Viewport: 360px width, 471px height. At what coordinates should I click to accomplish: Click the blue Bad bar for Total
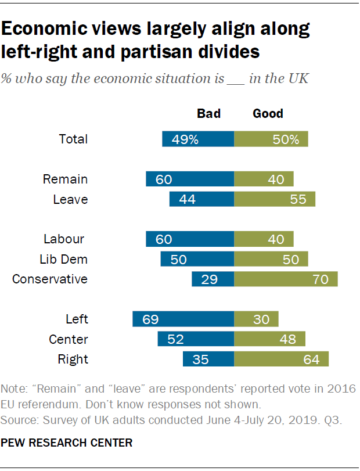[198, 139]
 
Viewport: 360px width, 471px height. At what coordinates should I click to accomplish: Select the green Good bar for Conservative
[286, 279]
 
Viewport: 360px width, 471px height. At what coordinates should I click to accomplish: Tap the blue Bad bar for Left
[183, 319]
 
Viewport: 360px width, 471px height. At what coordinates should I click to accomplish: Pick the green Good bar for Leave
[275, 200]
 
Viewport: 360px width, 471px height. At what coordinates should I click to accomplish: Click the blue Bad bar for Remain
[190, 179]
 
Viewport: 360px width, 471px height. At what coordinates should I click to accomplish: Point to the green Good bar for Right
[282, 359]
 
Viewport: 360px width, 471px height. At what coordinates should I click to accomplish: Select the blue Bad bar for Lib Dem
[197, 259]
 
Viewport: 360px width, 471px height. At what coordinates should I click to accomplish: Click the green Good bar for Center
[270, 339]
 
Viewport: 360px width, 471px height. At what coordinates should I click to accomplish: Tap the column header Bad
[209, 113]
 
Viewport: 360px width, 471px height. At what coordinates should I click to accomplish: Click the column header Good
[268, 113]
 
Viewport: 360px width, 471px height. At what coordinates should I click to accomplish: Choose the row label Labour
[64, 239]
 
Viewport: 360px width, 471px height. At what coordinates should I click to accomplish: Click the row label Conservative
[50, 279]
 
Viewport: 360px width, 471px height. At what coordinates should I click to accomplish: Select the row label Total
[73, 139]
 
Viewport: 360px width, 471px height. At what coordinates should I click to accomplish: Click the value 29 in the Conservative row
[209, 279]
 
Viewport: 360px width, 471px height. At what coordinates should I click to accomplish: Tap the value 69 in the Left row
[150, 319]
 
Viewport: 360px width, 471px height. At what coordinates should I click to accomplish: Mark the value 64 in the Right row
[311, 359]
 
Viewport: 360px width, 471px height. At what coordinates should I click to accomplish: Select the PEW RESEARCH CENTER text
[67, 443]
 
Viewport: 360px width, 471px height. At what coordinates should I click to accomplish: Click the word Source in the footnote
[17, 417]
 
